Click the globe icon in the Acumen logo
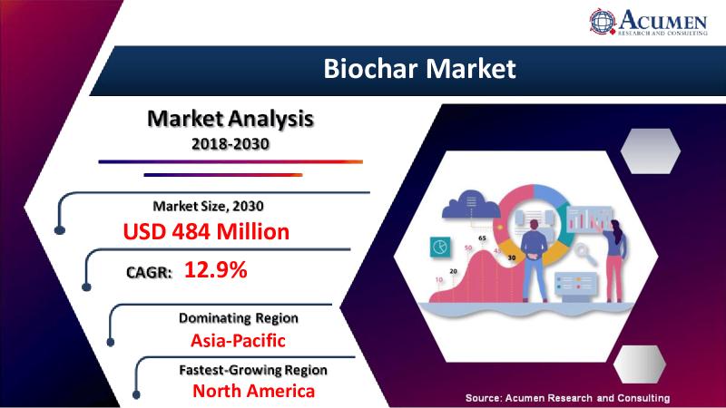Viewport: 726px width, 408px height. pos(603,21)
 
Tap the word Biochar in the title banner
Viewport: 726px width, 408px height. pos(371,69)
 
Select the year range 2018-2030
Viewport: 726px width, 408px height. pos(231,144)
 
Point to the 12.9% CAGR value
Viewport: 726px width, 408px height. pos(216,269)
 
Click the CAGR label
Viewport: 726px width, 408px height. pos(149,272)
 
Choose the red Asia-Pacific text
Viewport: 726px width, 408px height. pos(238,341)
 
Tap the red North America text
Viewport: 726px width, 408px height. pos(254,391)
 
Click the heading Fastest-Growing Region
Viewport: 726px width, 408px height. pos(253,370)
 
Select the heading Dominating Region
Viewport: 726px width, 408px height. pos(239,318)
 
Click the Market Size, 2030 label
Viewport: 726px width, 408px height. pos(209,206)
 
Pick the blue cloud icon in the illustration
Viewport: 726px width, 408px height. pos(471,204)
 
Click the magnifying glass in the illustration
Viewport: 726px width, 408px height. pos(585,255)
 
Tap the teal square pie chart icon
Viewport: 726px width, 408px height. pos(440,247)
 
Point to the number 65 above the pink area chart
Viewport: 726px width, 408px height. pos(482,238)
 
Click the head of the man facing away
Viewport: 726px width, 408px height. pos(534,225)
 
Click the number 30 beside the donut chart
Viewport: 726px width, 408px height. pos(512,257)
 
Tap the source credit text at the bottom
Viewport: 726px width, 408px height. pos(568,398)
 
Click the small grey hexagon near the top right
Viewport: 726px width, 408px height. pos(651,151)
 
